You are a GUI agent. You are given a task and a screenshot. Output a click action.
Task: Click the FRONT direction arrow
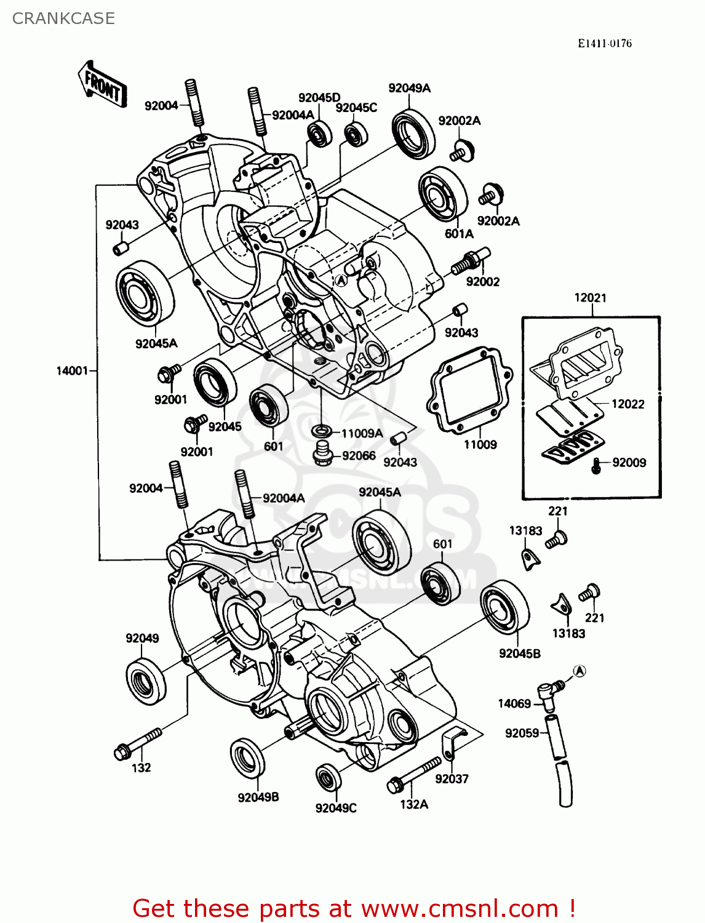point(103,84)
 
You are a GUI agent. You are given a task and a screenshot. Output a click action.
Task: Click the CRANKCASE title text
point(63,18)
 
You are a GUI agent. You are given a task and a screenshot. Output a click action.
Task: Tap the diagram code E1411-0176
point(604,43)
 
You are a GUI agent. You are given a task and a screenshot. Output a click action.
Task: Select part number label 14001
point(72,370)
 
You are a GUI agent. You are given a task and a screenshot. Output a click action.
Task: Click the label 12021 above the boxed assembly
point(590,298)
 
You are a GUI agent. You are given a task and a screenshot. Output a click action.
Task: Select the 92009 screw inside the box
point(595,466)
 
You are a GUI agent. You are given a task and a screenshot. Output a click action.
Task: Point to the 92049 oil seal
point(146,680)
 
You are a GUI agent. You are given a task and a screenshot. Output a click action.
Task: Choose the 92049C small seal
point(329,777)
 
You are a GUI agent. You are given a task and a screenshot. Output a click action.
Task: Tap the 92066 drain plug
point(322,454)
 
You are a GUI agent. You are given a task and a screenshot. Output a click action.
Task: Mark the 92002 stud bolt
point(470,261)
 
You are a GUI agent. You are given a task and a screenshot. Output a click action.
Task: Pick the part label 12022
point(627,404)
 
